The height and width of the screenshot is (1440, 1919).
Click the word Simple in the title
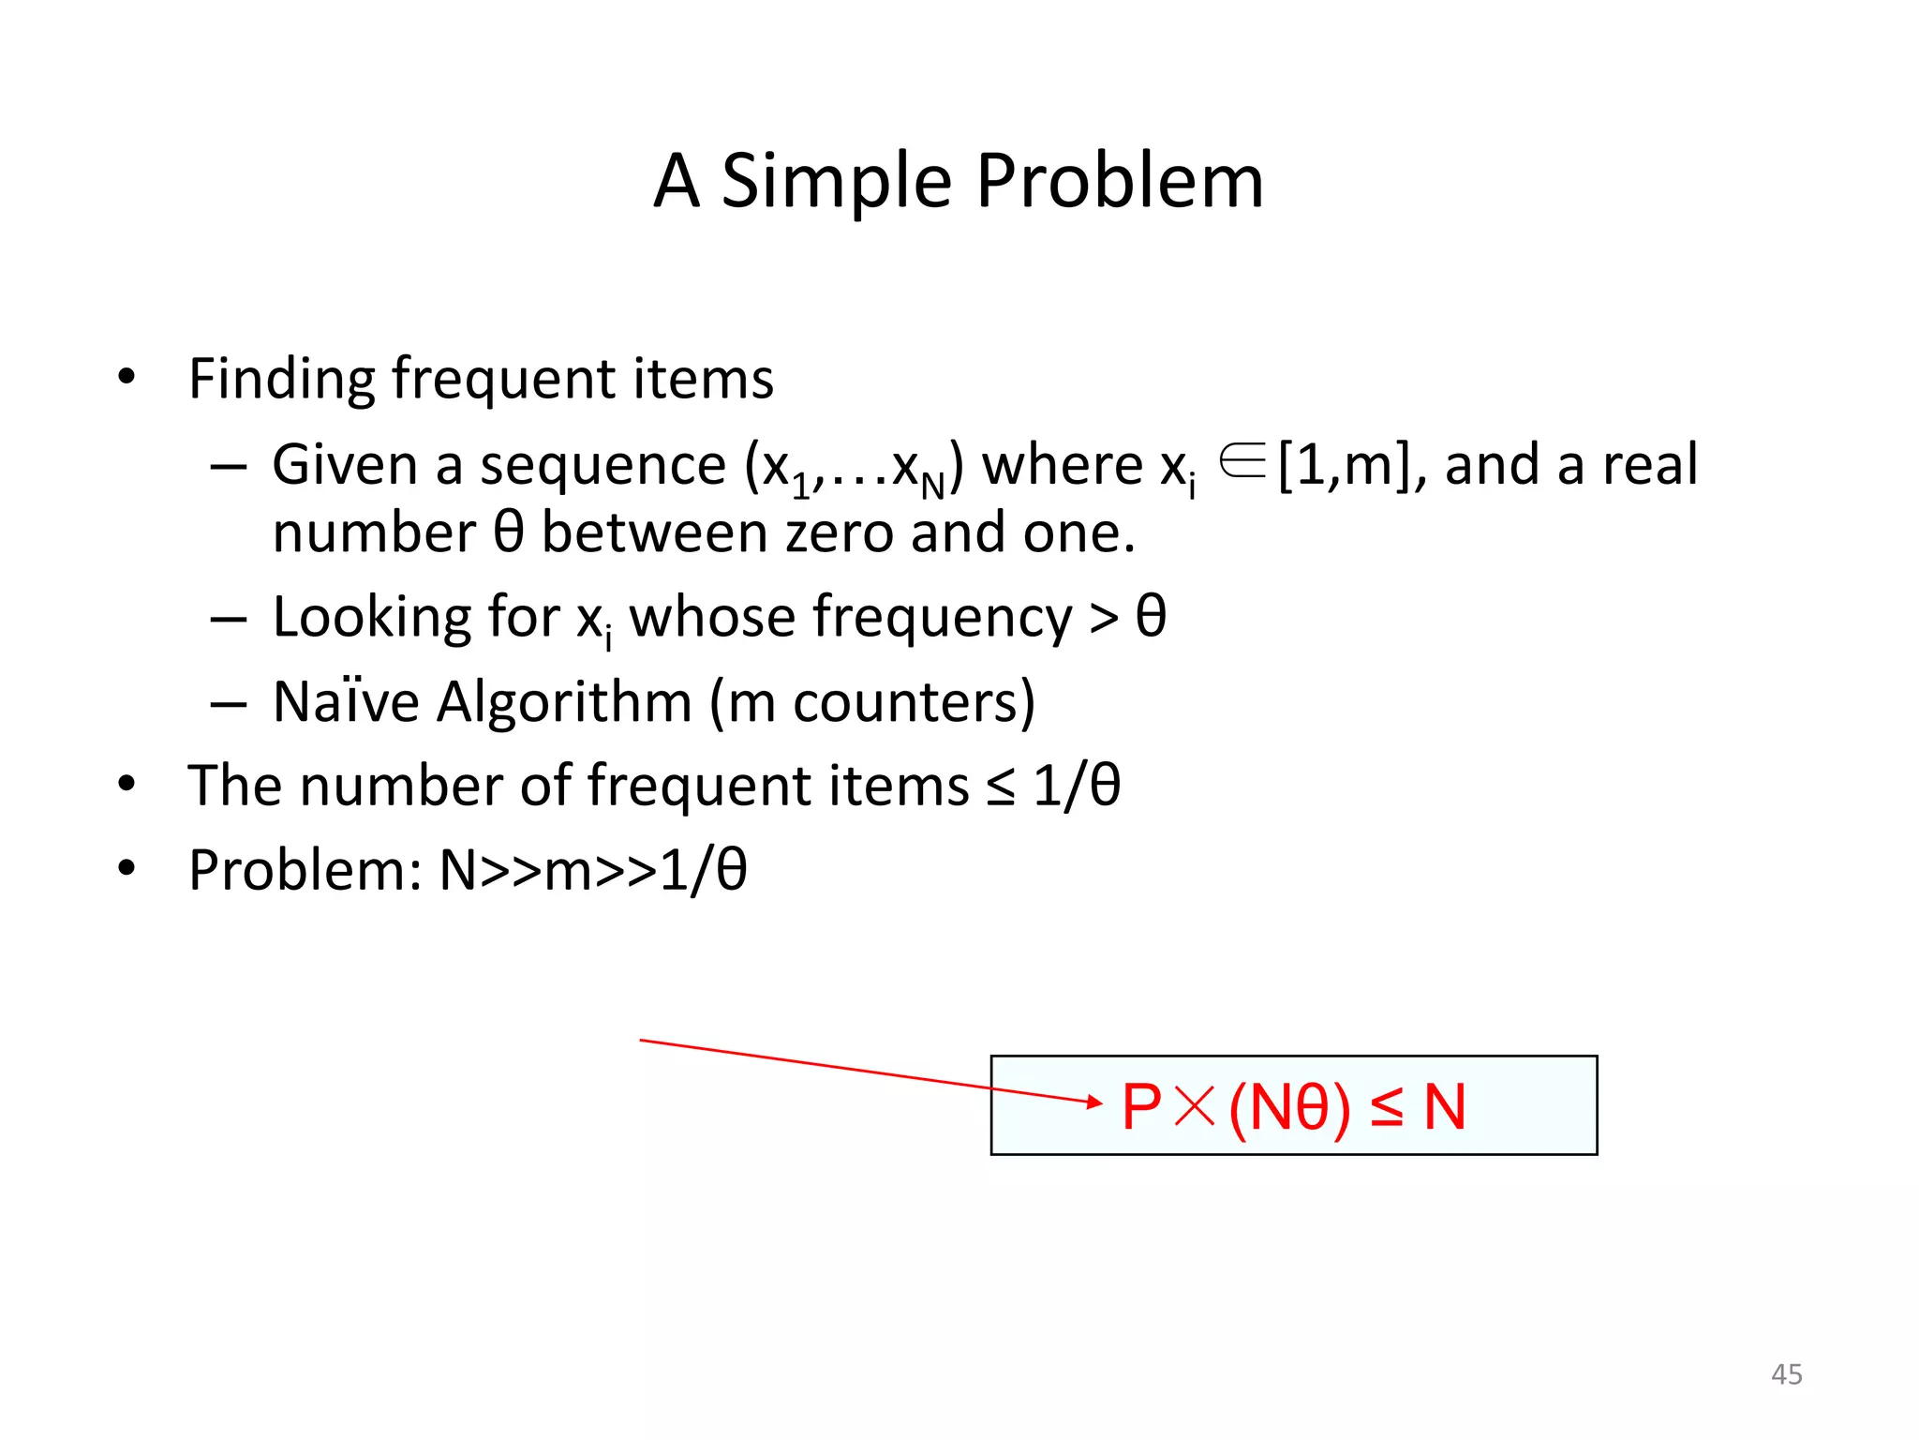pos(836,182)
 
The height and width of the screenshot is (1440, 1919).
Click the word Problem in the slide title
pos(1120,182)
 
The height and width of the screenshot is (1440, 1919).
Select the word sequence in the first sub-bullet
pos(602,466)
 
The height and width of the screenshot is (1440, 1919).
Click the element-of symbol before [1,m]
pos(1242,461)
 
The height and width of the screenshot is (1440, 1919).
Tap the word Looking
pos(371,619)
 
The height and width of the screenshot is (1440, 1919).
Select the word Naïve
pos(346,702)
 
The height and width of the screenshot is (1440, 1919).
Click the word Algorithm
pos(564,702)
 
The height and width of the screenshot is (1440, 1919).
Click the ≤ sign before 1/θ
pos(1000,787)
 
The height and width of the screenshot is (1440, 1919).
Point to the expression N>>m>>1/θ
pos(592,871)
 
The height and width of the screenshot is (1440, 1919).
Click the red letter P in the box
pos(1141,1107)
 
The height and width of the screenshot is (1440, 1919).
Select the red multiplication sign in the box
pos(1195,1107)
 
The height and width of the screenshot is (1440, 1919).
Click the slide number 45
pos(1786,1374)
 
